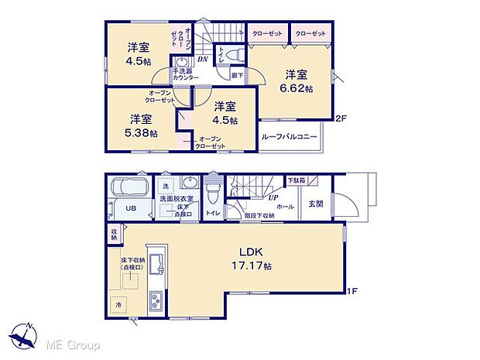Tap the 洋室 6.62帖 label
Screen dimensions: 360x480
[297, 81]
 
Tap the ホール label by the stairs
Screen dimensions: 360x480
[284, 207]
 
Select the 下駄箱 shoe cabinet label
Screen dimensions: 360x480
[297, 180]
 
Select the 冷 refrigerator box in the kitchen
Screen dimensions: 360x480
[119, 304]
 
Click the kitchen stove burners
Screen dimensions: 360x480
[155, 301]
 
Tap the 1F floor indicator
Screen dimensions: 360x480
[352, 291]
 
